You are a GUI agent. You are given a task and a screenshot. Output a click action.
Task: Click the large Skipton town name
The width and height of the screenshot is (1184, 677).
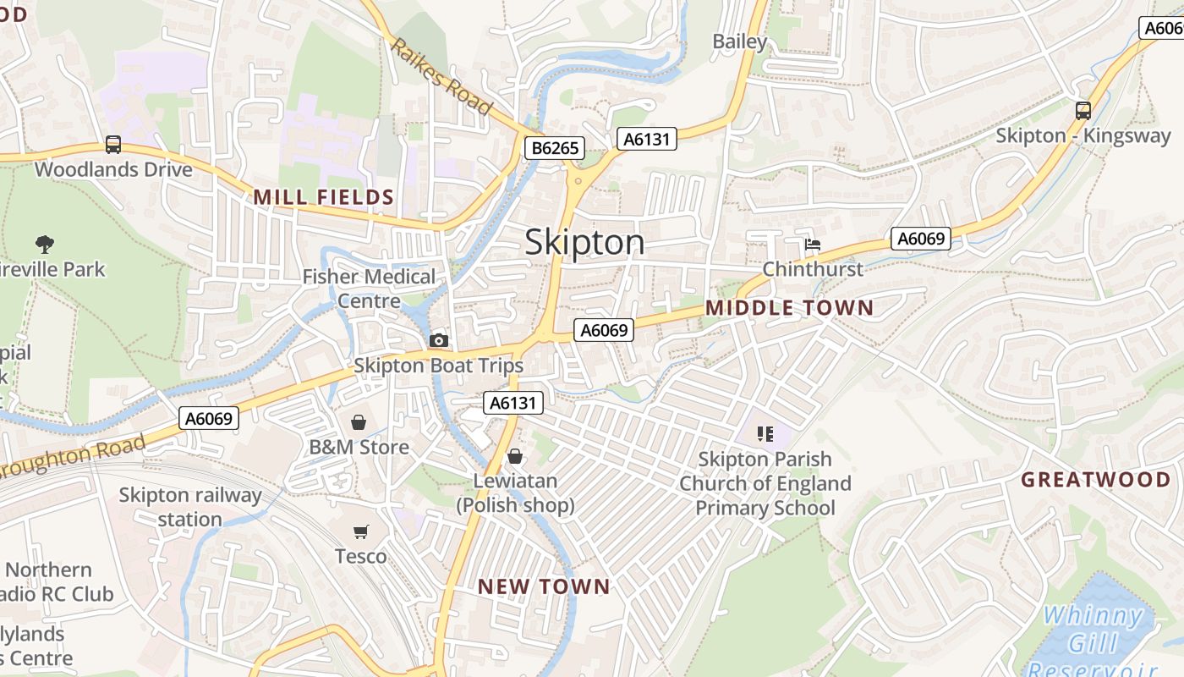point(584,243)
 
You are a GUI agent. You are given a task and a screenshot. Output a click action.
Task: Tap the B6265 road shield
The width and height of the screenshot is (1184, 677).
point(555,148)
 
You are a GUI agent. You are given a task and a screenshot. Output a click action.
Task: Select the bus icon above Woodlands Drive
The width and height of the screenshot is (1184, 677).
point(113,145)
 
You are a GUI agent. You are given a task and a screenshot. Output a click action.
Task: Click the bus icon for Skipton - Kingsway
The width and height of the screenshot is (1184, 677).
point(1083,110)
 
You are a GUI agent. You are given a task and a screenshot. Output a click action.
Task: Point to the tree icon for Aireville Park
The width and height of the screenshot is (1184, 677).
point(45,245)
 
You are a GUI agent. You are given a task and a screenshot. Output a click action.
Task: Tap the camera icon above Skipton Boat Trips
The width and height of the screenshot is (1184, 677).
point(438,340)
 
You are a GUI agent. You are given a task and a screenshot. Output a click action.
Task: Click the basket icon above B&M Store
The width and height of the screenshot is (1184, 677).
point(359,421)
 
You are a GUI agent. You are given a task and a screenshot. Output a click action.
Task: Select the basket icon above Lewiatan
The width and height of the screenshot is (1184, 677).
point(515,457)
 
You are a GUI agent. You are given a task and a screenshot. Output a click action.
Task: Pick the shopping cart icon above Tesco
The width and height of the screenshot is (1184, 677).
point(361,531)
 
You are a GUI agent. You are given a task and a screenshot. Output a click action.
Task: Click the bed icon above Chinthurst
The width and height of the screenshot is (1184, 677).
point(813,245)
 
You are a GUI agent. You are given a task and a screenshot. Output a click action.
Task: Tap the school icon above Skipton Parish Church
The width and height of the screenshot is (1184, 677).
point(765,434)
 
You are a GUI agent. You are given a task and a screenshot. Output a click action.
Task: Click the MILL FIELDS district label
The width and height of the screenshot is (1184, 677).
point(324,197)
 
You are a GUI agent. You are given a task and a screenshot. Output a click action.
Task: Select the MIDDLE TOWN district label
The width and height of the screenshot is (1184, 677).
point(789,308)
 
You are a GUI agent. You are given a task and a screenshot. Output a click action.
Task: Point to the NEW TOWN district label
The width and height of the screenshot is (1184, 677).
point(544,586)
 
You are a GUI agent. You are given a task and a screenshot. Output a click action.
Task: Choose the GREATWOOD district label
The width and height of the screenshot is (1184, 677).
point(1095,480)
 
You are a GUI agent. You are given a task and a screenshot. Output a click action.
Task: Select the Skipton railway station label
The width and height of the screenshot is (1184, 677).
point(189,507)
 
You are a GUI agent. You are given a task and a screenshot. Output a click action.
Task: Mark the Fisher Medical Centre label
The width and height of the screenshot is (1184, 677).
point(370,289)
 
